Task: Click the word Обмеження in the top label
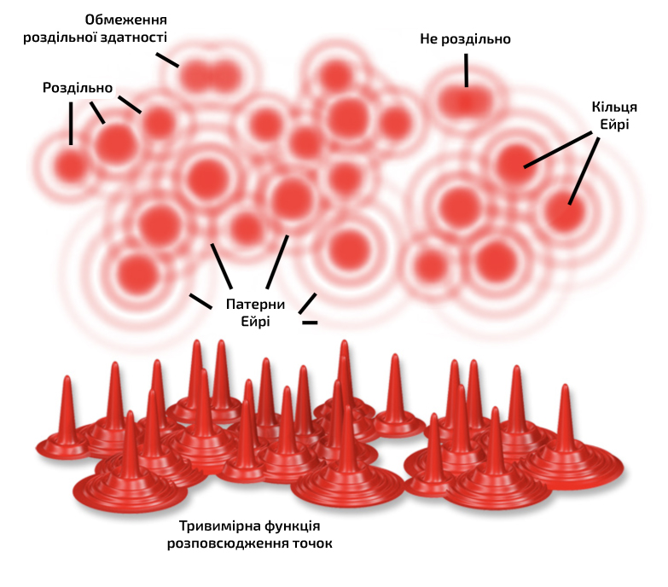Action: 125,20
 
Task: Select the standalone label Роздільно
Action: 78,88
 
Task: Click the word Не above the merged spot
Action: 428,38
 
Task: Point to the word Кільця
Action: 614,107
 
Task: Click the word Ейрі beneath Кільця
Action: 614,125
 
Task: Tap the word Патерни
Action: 255,304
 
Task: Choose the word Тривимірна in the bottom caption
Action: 219,526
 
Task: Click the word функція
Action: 293,526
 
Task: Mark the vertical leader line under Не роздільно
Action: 466,70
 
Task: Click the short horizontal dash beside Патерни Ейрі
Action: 310,323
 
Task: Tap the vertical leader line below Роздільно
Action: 71,124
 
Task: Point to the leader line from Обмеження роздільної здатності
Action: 167,60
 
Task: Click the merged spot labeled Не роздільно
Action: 465,102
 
